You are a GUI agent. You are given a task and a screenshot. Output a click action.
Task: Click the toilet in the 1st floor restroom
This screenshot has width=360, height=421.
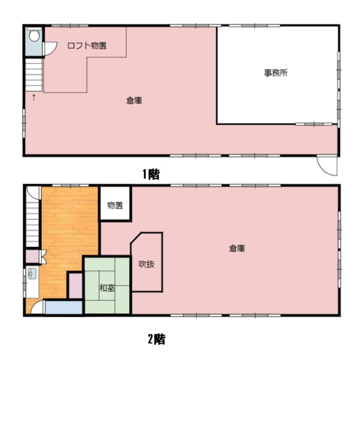[x=34, y=35]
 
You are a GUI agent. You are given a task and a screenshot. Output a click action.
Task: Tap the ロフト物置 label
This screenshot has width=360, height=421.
[x=87, y=45]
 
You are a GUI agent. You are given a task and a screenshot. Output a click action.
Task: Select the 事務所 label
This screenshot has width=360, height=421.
[x=276, y=73]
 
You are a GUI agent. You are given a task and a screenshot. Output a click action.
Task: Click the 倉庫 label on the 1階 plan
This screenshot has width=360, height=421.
[x=134, y=100]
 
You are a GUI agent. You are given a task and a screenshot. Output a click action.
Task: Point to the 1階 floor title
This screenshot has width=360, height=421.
[x=151, y=175]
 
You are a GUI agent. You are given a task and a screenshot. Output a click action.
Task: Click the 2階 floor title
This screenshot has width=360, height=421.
[x=157, y=339]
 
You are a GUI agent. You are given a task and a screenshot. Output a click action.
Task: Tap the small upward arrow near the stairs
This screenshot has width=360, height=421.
[x=34, y=97]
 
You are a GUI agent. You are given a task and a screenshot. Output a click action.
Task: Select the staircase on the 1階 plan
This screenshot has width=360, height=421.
[x=34, y=75]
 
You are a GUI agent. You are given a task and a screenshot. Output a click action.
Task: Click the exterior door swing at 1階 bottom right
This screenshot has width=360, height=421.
[x=327, y=166]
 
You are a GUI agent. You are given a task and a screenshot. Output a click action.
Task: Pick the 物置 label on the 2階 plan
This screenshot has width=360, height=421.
[x=115, y=205]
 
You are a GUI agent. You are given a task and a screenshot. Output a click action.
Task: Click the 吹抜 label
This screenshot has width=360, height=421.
[x=147, y=264]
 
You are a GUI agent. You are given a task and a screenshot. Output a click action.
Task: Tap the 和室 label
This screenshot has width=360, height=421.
[x=107, y=288]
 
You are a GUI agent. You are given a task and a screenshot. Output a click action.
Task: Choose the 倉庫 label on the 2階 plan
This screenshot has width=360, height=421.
[x=237, y=248]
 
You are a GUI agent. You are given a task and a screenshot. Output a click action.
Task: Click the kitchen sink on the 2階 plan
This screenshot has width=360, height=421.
[x=32, y=273]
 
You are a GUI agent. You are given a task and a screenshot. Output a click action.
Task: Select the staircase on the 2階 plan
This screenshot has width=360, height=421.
[x=33, y=216]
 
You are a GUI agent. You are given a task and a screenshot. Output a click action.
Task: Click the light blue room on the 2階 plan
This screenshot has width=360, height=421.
[x=64, y=308]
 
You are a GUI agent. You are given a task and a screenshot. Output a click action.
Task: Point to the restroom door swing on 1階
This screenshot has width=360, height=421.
[x=50, y=49]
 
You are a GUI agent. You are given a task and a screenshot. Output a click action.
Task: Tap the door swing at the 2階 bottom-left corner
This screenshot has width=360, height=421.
[x=37, y=307]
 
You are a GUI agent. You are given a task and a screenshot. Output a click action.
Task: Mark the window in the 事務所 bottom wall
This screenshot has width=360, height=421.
[x=314, y=124]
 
